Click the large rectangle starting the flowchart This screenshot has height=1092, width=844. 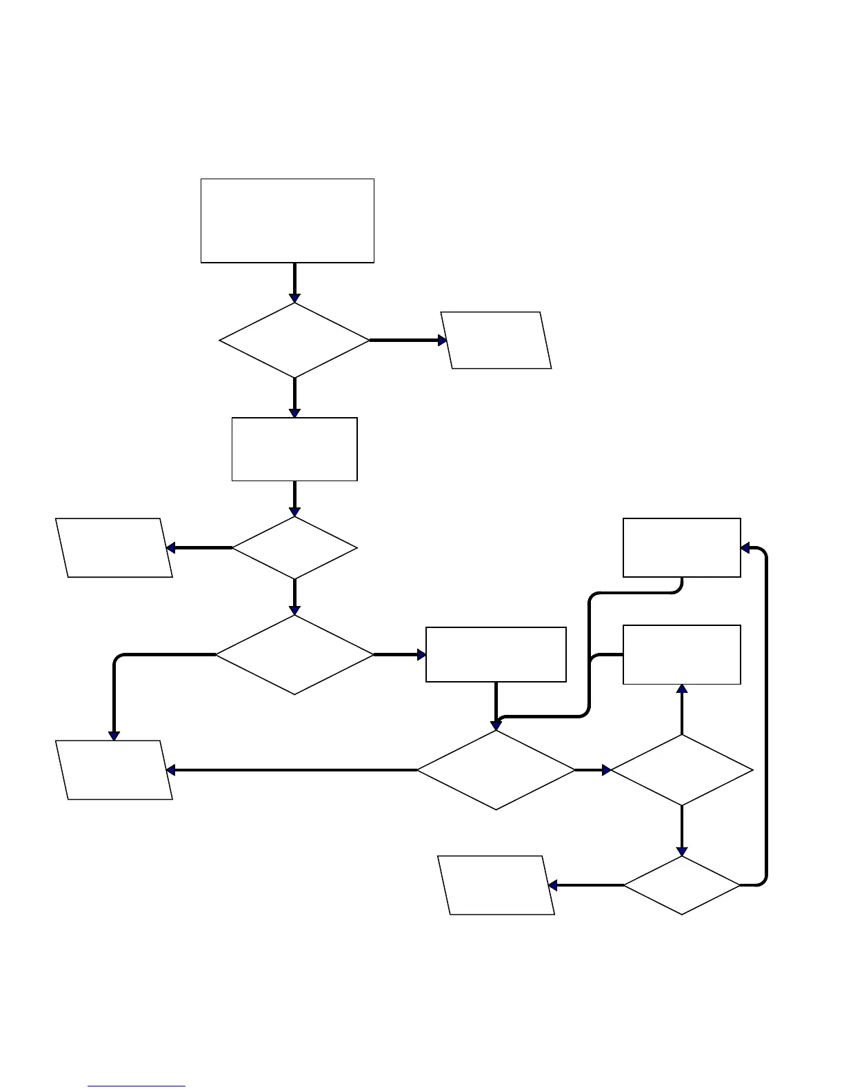287,221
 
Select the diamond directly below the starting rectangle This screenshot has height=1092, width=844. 294,340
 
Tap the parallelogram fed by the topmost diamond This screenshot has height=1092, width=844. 496,340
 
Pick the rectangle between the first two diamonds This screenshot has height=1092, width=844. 294,449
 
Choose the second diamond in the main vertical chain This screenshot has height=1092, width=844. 294,548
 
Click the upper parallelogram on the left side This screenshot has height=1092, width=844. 114,547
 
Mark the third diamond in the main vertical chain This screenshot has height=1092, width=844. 294,654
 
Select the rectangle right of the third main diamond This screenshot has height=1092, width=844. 496,654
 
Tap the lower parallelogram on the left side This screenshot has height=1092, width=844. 114,770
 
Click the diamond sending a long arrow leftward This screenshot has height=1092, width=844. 496,770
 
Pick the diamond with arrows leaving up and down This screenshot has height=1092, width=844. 682,770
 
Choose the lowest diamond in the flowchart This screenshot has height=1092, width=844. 682,885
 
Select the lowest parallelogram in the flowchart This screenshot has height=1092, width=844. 496,885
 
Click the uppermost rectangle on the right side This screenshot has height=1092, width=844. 681,547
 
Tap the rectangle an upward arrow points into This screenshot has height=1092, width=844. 681,654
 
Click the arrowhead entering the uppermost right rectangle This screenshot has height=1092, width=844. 745,548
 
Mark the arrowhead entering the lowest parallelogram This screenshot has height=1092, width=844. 553,885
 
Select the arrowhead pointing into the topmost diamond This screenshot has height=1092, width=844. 294,298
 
